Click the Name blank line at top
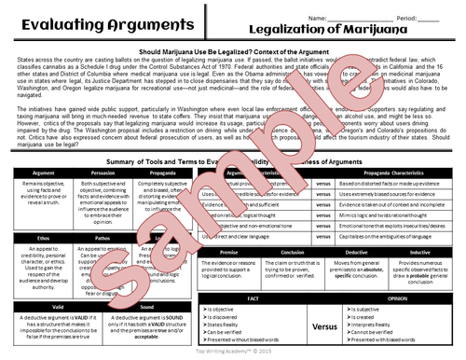[x=354, y=18]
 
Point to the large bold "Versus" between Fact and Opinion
[x=324, y=327]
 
